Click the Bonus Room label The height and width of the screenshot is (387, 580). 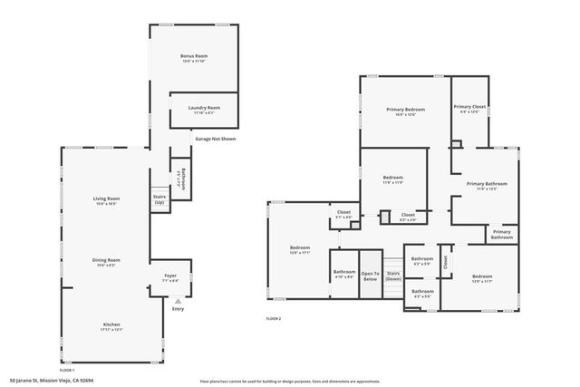point(196,57)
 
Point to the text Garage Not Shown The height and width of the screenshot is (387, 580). point(215,139)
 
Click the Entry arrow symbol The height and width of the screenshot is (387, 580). point(178,298)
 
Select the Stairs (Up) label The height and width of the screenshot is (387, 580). point(159,198)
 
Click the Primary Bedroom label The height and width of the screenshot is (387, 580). point(405,110)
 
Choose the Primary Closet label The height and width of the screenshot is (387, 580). point(470,107)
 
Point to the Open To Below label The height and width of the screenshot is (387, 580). point(370,276)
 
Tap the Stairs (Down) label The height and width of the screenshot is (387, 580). point(393,276)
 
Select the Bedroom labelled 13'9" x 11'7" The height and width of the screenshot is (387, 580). point(481,276)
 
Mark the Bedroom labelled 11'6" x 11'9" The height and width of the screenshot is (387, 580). point(392,178)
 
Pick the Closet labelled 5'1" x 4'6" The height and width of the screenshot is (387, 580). point(343,214)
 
